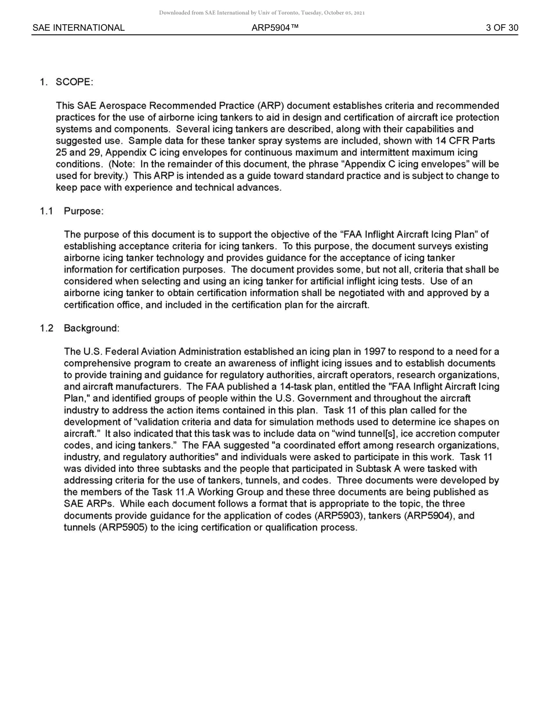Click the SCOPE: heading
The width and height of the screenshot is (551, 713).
[x=74, y=82]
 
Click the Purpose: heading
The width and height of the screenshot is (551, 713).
[x=84, y=211]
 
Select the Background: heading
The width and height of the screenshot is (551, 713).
[x=91, y=328]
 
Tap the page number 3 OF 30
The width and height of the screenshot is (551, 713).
[x=502, y=28]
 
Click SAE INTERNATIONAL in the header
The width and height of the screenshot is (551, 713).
[x=78, y=28]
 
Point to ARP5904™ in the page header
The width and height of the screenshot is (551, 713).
[x=275, y=28]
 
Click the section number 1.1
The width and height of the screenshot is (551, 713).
[x=46, y=211]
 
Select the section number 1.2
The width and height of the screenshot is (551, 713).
[x=46, y=328]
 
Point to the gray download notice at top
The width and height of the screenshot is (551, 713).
[x=262, y=13]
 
